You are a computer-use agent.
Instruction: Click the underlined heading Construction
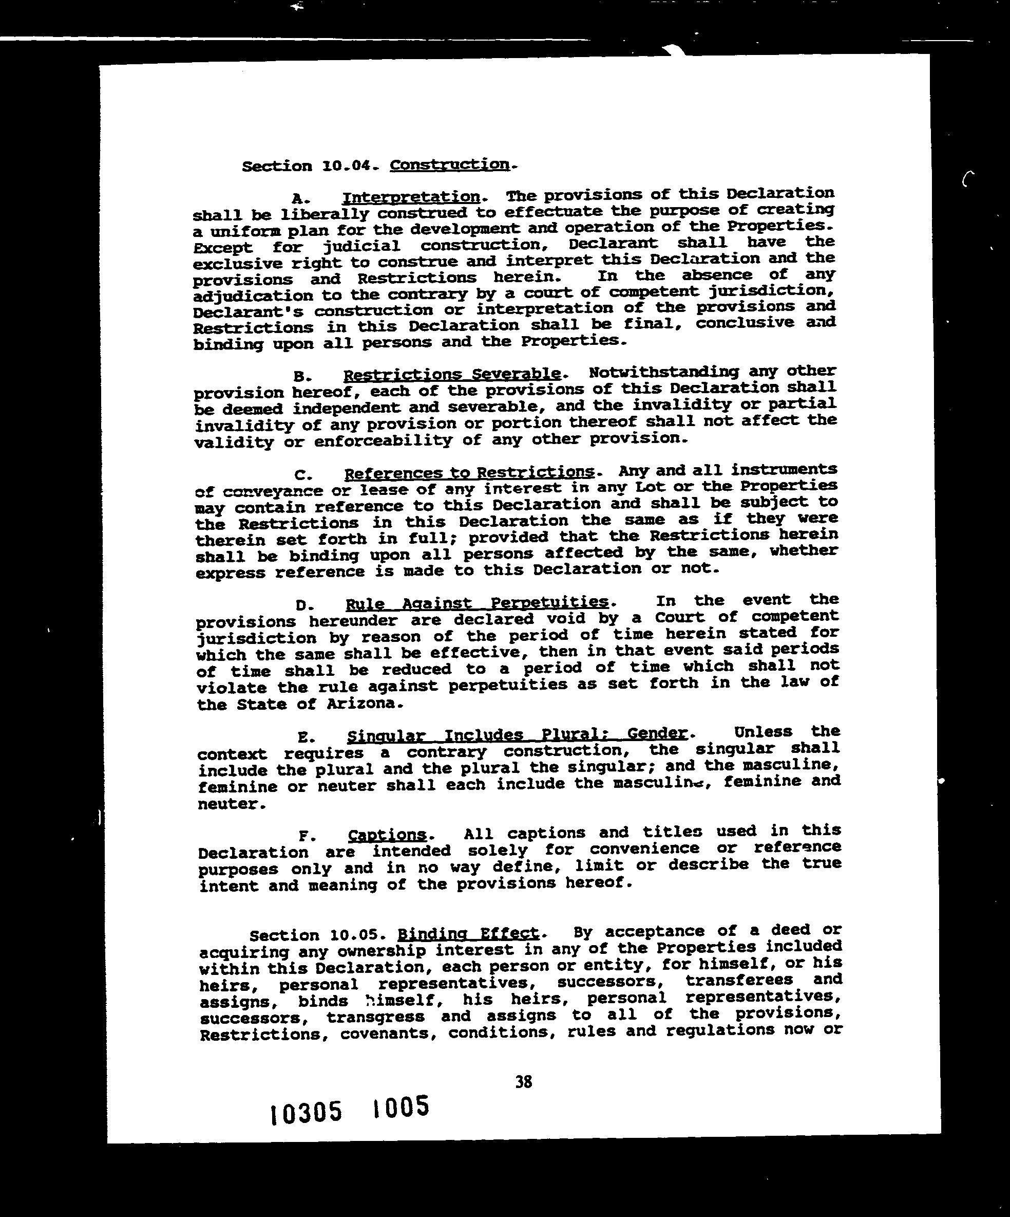pos(450,165)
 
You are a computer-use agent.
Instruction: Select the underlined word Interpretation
pos(411,198)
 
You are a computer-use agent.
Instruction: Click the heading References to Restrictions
pos(469,473)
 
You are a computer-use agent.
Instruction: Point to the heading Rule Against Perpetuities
pos(477,604)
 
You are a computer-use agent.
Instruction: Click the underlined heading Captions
pos(387,835)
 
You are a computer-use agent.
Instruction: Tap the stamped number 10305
pos(306,1113)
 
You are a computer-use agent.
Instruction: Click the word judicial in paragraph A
pos(361,246)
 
